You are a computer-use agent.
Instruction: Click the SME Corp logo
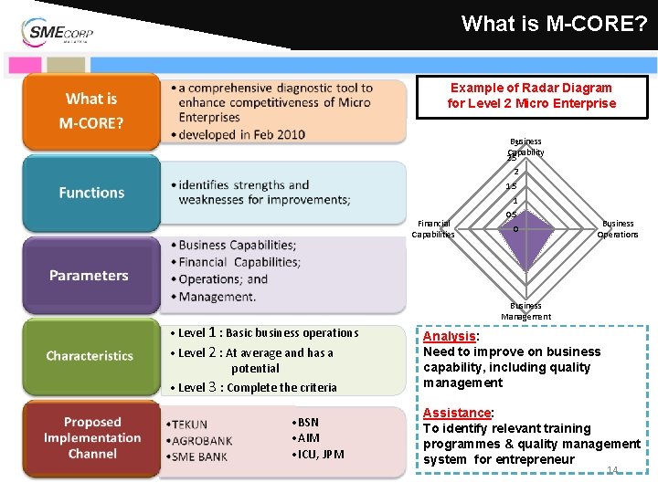click(x=57, y=32)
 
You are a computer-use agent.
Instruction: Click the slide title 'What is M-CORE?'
click(x=553, y=24)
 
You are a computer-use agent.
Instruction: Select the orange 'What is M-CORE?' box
click(x=90, y=111)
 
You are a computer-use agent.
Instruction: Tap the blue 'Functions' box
click(x=90, y=193)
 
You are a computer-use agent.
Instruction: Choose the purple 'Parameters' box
click(x=89, y=275)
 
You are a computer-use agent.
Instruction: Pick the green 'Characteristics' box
click(x=90, y=356)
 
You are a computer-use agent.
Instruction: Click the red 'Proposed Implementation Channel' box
click(x=91, y=438)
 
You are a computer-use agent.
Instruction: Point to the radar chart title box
click(x=531, y=95)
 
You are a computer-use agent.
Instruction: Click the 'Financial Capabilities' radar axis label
click(x=433, y=228)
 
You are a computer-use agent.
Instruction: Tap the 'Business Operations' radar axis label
click(x=618, y=228)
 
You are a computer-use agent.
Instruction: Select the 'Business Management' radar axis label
click(x=525, y=311)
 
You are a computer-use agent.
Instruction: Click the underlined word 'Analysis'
click(x=449, y=336)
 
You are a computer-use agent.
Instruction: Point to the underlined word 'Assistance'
click(x=457, y=413)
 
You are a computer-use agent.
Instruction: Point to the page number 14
click(x=612, y=470)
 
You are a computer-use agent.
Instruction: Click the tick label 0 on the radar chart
click(x=515, y=228)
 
